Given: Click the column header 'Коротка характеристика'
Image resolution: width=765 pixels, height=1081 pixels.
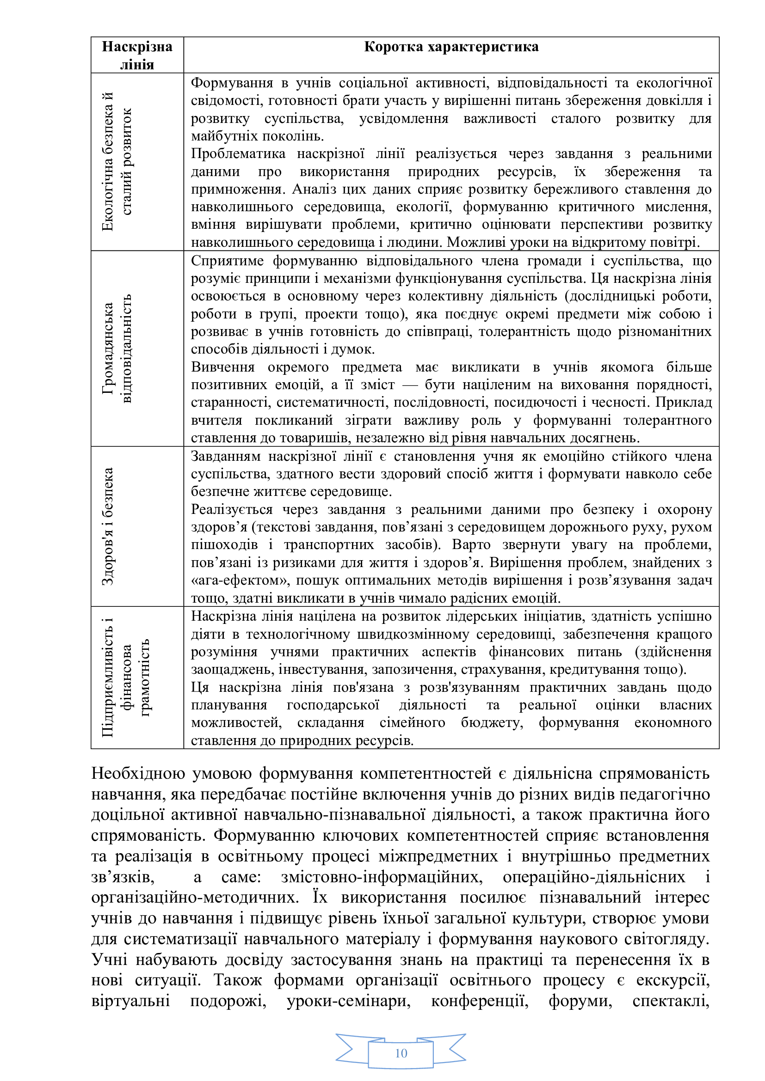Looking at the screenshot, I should [451, 47].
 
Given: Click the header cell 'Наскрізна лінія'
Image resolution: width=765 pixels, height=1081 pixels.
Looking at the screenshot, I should [137, 55].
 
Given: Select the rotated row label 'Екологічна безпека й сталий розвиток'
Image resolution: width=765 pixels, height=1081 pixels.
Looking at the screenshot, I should [117, 161].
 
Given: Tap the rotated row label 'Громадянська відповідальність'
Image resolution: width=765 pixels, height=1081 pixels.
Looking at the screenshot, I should [117, 348].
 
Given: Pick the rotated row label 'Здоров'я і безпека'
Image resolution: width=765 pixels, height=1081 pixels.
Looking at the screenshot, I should [108, 526].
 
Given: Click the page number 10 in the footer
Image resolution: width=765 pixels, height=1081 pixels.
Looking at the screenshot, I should [401, 1053].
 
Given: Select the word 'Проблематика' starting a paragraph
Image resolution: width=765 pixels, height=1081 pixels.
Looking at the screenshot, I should [238, 154].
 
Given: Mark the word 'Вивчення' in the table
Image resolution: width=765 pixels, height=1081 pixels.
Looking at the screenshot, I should [223, 367].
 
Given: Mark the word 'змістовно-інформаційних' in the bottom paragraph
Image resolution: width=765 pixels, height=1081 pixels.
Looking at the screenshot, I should [382, 877].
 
